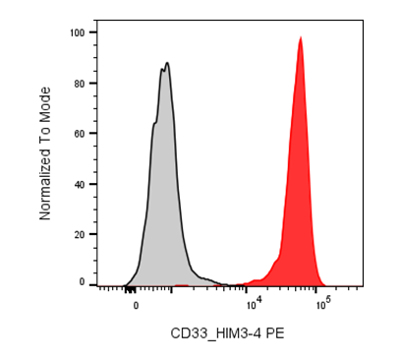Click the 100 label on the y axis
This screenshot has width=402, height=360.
pyautogui.click(x=78, y=32)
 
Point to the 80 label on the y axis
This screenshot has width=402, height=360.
pyautogui.click(x=80, y=84)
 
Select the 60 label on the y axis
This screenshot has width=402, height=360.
pyautogui.click(x=80, y=134)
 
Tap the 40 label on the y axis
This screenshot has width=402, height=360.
pyautogui.click(x=80, y=184)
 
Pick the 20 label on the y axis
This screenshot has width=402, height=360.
pyautogui.click(x=80, y=234)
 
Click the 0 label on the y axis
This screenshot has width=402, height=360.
pyautogui.click(x=82, y=282)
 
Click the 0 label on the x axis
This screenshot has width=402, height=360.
pyautogui.click(x=136, y=306)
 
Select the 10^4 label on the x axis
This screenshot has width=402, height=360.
pyautogui.click(x=254, y=305)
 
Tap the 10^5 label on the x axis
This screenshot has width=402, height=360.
pyautogui.click(x=323, y=305)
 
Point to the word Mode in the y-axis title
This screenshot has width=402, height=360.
pyautogui.click(x=45, y=101)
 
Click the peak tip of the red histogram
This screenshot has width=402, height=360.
pyautogui.click(x=301, y=37)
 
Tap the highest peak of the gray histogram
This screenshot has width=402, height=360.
pyautogui.click(x=167, y=63)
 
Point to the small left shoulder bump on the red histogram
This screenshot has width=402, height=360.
pyautogui.click(x=276, y=261)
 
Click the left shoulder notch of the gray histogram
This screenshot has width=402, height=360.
pyautogui.click(x=155, y=123)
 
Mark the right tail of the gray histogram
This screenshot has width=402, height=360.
pyautogui.click(x=209, y=280)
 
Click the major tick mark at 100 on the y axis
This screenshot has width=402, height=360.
pyautogui.click(x=92, y=32)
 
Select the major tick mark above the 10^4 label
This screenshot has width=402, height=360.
pyautogui.click(x=246, y=288)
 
